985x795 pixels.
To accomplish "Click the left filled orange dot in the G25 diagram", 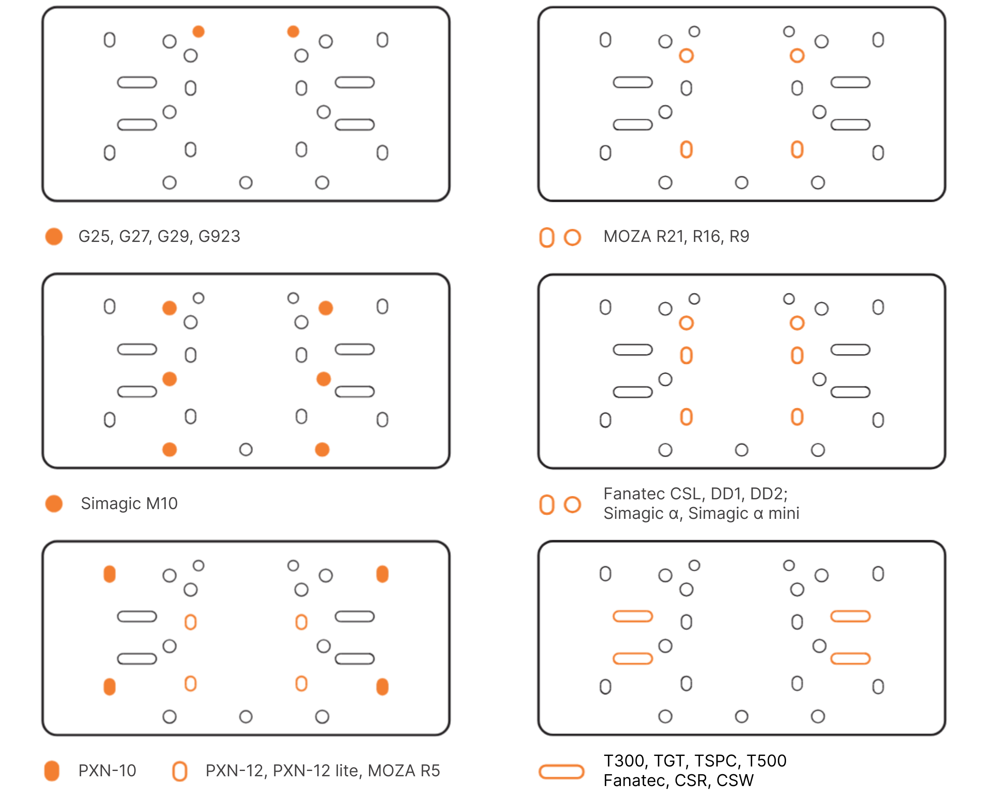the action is [199, 31].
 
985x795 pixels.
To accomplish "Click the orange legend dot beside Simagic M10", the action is [54, 504].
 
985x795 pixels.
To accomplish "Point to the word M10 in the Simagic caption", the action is [162, 504].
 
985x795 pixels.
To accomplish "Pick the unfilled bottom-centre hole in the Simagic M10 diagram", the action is [246, 450].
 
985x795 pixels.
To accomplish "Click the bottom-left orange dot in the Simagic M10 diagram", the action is [170, 450].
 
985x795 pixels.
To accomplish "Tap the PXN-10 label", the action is [107, 771].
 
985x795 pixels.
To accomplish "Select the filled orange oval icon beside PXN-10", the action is [52, 771].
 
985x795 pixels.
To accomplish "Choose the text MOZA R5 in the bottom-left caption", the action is [404, 771].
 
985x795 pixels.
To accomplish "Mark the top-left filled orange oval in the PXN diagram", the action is [110, 574].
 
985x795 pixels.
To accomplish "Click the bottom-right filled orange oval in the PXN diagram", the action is [382, 687].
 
